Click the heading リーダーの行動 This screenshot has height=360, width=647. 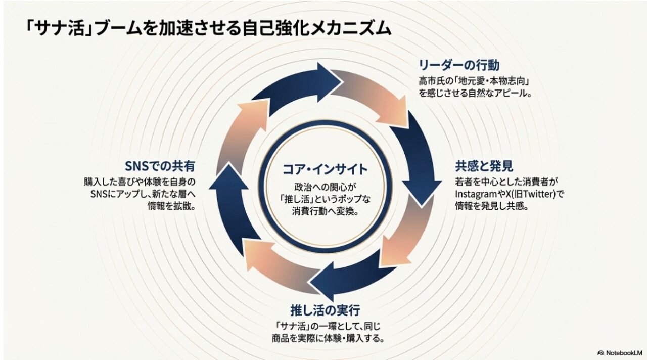point(459,65)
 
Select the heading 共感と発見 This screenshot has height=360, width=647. point(477,166)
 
